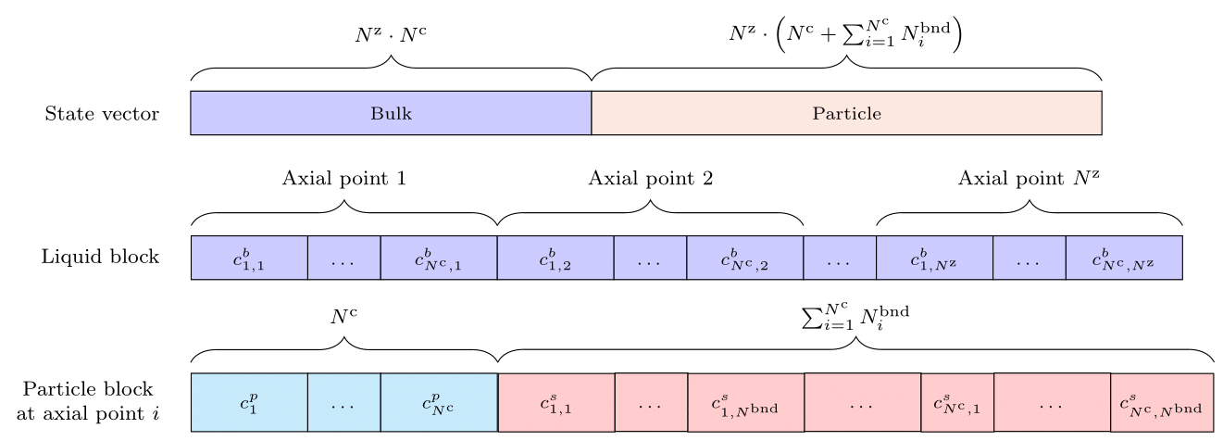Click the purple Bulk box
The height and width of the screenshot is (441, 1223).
tap(391, 113)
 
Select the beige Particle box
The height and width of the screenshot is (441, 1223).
tap(846, 113)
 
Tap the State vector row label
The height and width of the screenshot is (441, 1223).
tap(102, 115)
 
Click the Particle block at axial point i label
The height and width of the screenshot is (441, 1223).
tap(88, 401)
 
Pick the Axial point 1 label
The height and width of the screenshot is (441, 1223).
tap(344, 179)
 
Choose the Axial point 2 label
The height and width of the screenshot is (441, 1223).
tap(650, 179)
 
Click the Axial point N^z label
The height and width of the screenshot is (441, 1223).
tap(1029, 179)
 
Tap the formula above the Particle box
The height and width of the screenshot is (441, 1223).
tap(846, 36)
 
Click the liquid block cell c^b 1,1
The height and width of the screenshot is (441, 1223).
tap(249, 258)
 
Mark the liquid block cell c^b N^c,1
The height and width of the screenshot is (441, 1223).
tap(439, 258)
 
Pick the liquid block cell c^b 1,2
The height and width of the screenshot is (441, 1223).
tap(555, 258)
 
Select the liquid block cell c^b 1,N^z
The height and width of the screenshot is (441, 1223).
tap(934, 258)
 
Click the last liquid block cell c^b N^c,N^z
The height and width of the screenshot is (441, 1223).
tap(1124, 258)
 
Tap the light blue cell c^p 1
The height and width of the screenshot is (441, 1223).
tap(249, 403)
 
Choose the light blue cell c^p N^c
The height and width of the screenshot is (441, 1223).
tap(439, 403)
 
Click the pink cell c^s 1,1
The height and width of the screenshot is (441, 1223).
tap(556, 403)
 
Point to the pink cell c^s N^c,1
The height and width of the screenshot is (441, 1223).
tap(957, 403)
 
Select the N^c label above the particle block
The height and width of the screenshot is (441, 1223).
tap(344, 317)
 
